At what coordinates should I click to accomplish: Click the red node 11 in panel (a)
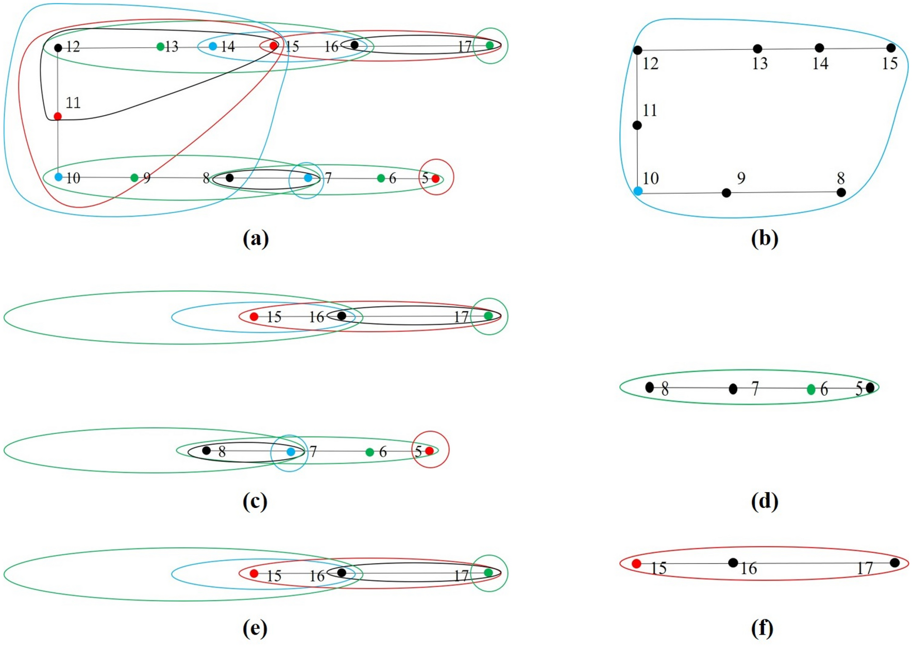[58, 116]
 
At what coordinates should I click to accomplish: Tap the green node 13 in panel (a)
[160, 47]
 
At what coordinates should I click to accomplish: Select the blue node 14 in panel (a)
[213, 46]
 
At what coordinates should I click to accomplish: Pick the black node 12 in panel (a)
[58, 48]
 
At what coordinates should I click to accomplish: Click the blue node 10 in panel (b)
[638, 191]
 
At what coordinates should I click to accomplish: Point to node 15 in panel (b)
[891, 48]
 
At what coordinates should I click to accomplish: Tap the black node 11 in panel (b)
[637, 125]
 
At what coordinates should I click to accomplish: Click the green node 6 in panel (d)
[811, 390]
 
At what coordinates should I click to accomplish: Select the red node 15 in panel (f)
[636, 564]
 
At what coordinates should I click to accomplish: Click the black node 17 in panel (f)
[894, 563]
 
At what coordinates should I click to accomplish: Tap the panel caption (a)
[256, 238]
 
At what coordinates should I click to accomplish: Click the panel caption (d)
[764, 501]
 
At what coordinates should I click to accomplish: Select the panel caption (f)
[762, 628]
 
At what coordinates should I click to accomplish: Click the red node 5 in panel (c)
[429, 451]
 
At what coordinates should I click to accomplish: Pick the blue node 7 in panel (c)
[291, 451]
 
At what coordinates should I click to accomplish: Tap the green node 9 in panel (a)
[134, 178]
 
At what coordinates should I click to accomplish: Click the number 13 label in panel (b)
[759, 64]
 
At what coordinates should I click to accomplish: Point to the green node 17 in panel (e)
[488, 572]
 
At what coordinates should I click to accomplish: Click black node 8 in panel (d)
[650, 387]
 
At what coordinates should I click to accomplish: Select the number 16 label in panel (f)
[749, 568]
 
